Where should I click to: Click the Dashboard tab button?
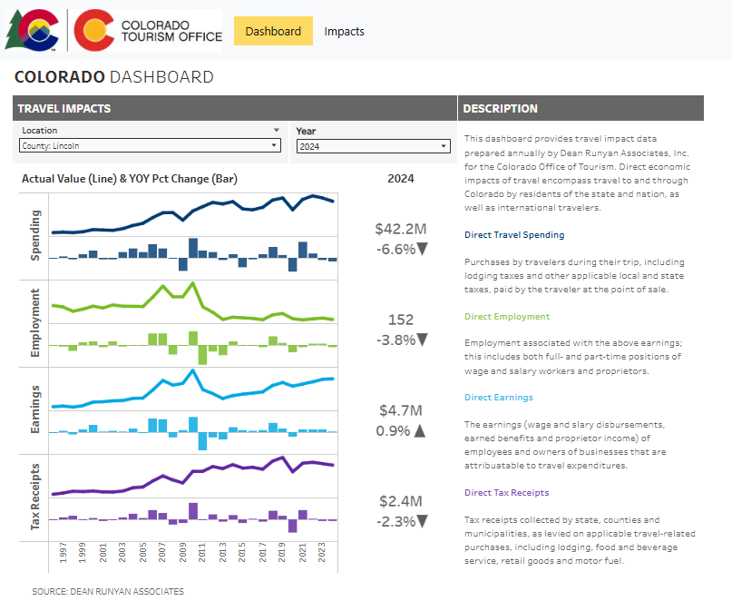[273, 31]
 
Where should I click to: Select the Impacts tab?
[344, 31]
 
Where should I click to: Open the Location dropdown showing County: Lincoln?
[150, 145]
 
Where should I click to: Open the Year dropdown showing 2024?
[373, 146]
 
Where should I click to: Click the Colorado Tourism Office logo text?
[171, 31]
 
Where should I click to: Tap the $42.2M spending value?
[400, 229]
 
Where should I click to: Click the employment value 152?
[400, 320]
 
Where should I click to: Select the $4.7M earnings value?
[400, 410]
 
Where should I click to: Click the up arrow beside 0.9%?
[419, 431]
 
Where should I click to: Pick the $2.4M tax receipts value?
[400, 501]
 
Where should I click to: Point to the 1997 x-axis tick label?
[63, 553]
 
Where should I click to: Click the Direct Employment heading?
[506, 317]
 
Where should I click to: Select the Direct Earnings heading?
[498, 398]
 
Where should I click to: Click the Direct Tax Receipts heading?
[506, 493]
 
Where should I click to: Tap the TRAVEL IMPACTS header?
[64, 108]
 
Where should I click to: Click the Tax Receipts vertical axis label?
[35, 496]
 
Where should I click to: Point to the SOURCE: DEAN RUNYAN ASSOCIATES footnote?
[108, 591]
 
